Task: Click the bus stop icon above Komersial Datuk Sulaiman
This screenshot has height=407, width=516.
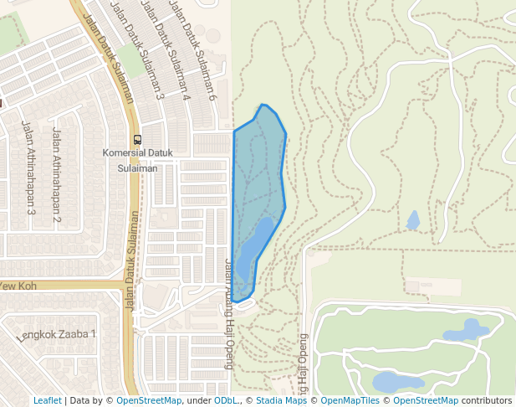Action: pos(137,140)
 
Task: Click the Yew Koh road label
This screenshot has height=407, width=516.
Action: pos(17,286)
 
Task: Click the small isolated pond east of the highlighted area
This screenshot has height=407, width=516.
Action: pos(412,220)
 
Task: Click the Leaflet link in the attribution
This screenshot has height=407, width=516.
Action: pos(47,400)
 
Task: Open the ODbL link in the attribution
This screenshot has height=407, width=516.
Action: pos(225,400)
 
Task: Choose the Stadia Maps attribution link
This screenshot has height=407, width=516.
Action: pos(279,400)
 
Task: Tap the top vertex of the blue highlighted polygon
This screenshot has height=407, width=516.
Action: pos(262,105)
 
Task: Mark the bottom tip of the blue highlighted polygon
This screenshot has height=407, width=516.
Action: pos(235,301)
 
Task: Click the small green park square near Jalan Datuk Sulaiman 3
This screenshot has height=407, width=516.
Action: pos(130,60)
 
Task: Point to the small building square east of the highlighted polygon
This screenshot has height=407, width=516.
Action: pos(411,286)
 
